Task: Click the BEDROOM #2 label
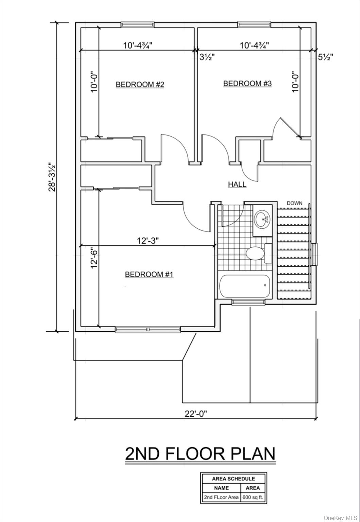tap(140, 84)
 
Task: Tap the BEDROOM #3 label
tap(247, 83)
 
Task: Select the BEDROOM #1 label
tap(149, 274)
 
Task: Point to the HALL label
tap(237, 184)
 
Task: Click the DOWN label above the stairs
tap(294, 203)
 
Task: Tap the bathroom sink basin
tap(263, 219)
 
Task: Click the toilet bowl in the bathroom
tap(255, 253)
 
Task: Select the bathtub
tap(245, 286)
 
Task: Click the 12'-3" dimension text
tap(148, 241)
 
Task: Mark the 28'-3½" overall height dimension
tap(52, 177)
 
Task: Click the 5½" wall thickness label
tap(326, 57)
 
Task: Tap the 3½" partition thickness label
tap(207, 57)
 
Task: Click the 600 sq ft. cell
tap(253, 497)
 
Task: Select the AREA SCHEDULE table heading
tap(234, 478)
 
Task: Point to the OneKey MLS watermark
tap(341, 518)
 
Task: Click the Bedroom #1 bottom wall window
tap(148, 329)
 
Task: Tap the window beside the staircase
tap(315, 255)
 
